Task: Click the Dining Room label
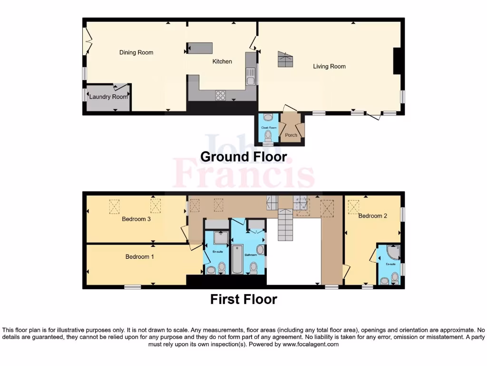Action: pyautogui.click(x=136, y=52)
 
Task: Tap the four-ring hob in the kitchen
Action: pyautogui.click(x=221, y=95)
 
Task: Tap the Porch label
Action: pyautogui.click(x=291, y=135)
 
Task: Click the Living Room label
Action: pyautogui.click(x=329, y=66)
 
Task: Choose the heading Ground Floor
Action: pyautogui.click(x=243, y=157)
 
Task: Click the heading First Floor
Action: pyautogui.click(x=243, y=299)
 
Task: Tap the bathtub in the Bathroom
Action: pyautogui.click(x=237, y=259)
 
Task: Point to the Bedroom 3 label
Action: pyautogui.click(x=136, y=219)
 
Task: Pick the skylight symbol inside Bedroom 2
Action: pyautogui.click(x=353, y=206)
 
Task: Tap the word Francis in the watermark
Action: pyautogui.click(x=243, y=174)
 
